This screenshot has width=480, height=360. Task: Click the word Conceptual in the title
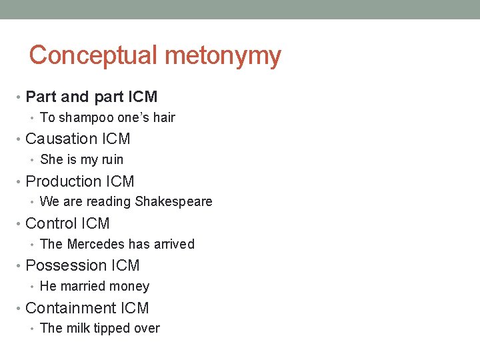[x=93, y=55]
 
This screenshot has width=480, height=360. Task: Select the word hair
[x=163, y=117]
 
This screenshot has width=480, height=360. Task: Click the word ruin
[x=111, y=159]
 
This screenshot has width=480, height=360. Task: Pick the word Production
[x=63, y=181]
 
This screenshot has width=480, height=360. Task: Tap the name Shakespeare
[x=173, y=201]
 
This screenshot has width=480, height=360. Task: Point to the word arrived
[x=175, y=244]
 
